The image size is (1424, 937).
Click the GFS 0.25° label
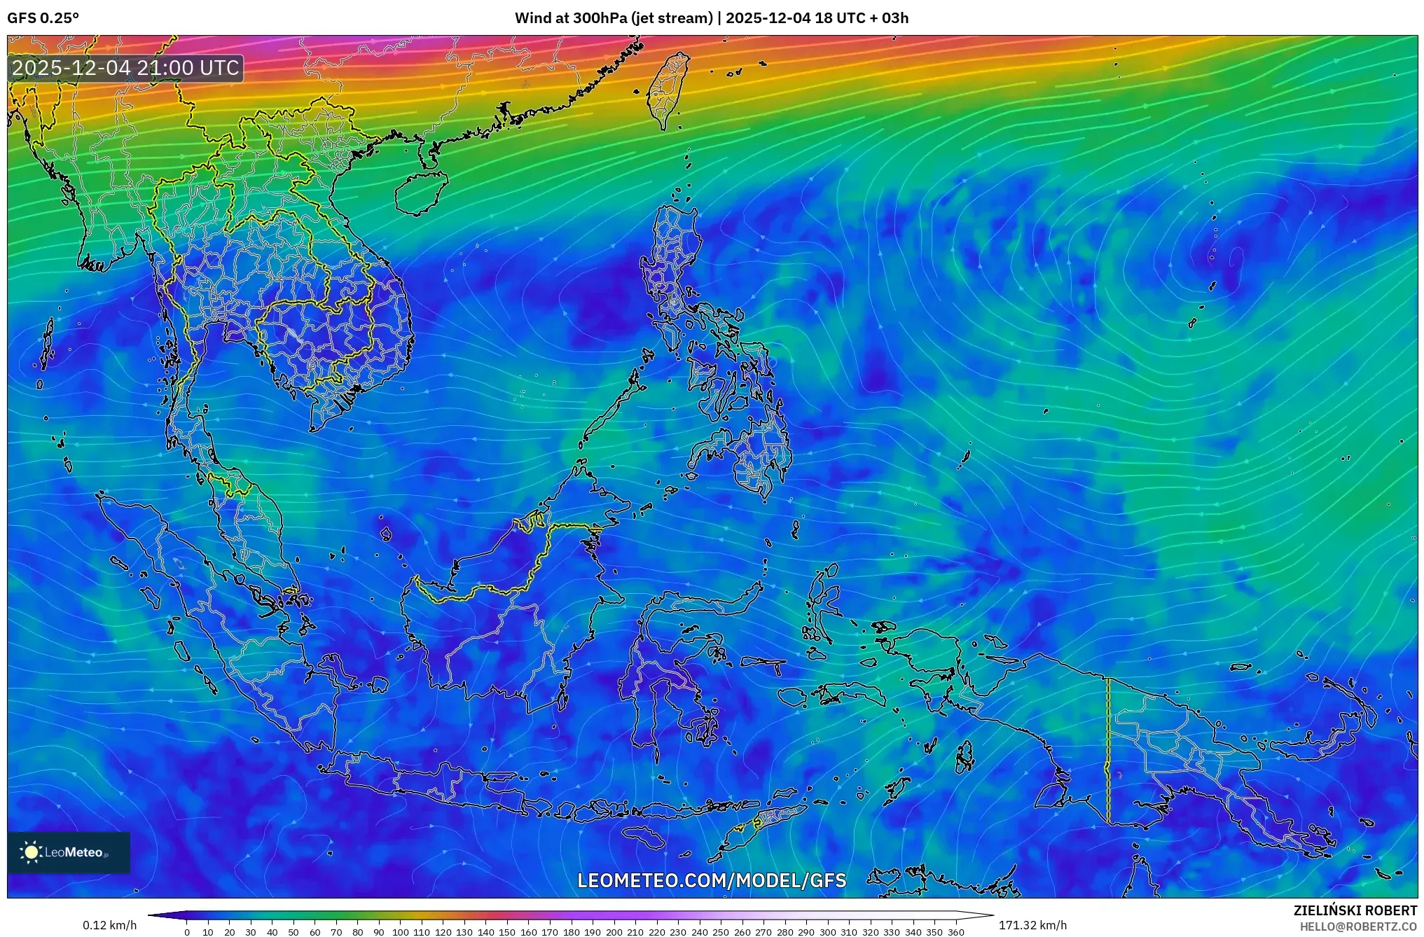tap(43, 18)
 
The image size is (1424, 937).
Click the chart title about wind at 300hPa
tap(711, 18)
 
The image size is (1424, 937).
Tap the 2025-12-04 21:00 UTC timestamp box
tap(126, 68)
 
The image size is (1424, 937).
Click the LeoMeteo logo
tap(68, 852)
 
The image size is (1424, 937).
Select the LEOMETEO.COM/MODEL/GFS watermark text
tap(712, 880)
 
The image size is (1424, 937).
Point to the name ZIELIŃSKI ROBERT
tap(1355, 910)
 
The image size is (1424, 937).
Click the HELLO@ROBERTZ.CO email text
tap(1358, 926)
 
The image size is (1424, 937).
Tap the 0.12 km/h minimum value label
tap(109, 925)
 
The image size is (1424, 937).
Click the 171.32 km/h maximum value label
tap(1032, 925)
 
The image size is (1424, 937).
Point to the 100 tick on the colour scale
tap(400, 932)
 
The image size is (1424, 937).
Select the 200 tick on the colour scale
tap(614, 932)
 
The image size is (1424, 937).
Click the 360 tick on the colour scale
tap(955, 932)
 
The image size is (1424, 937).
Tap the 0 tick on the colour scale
tap(187, 932)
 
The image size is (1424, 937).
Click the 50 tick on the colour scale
tap(293, 932)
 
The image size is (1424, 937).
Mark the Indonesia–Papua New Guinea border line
tap(1108, 749)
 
